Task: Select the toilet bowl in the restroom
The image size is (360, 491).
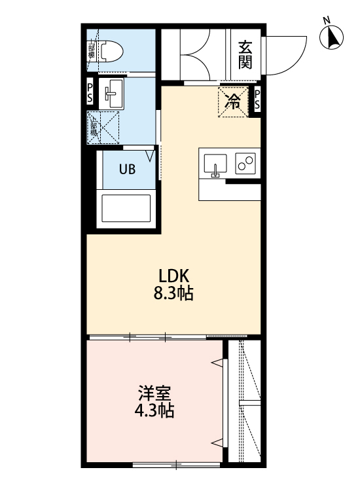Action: point(113,50)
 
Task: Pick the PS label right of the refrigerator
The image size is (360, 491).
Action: point(257,100)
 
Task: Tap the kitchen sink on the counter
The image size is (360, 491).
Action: point(215,164)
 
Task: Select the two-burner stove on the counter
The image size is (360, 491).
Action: point(245,164)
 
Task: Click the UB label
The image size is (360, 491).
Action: point(127,168)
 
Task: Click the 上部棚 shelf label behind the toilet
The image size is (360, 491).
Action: point(92,51)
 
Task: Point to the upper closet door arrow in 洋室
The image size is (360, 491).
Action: point(217,361)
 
